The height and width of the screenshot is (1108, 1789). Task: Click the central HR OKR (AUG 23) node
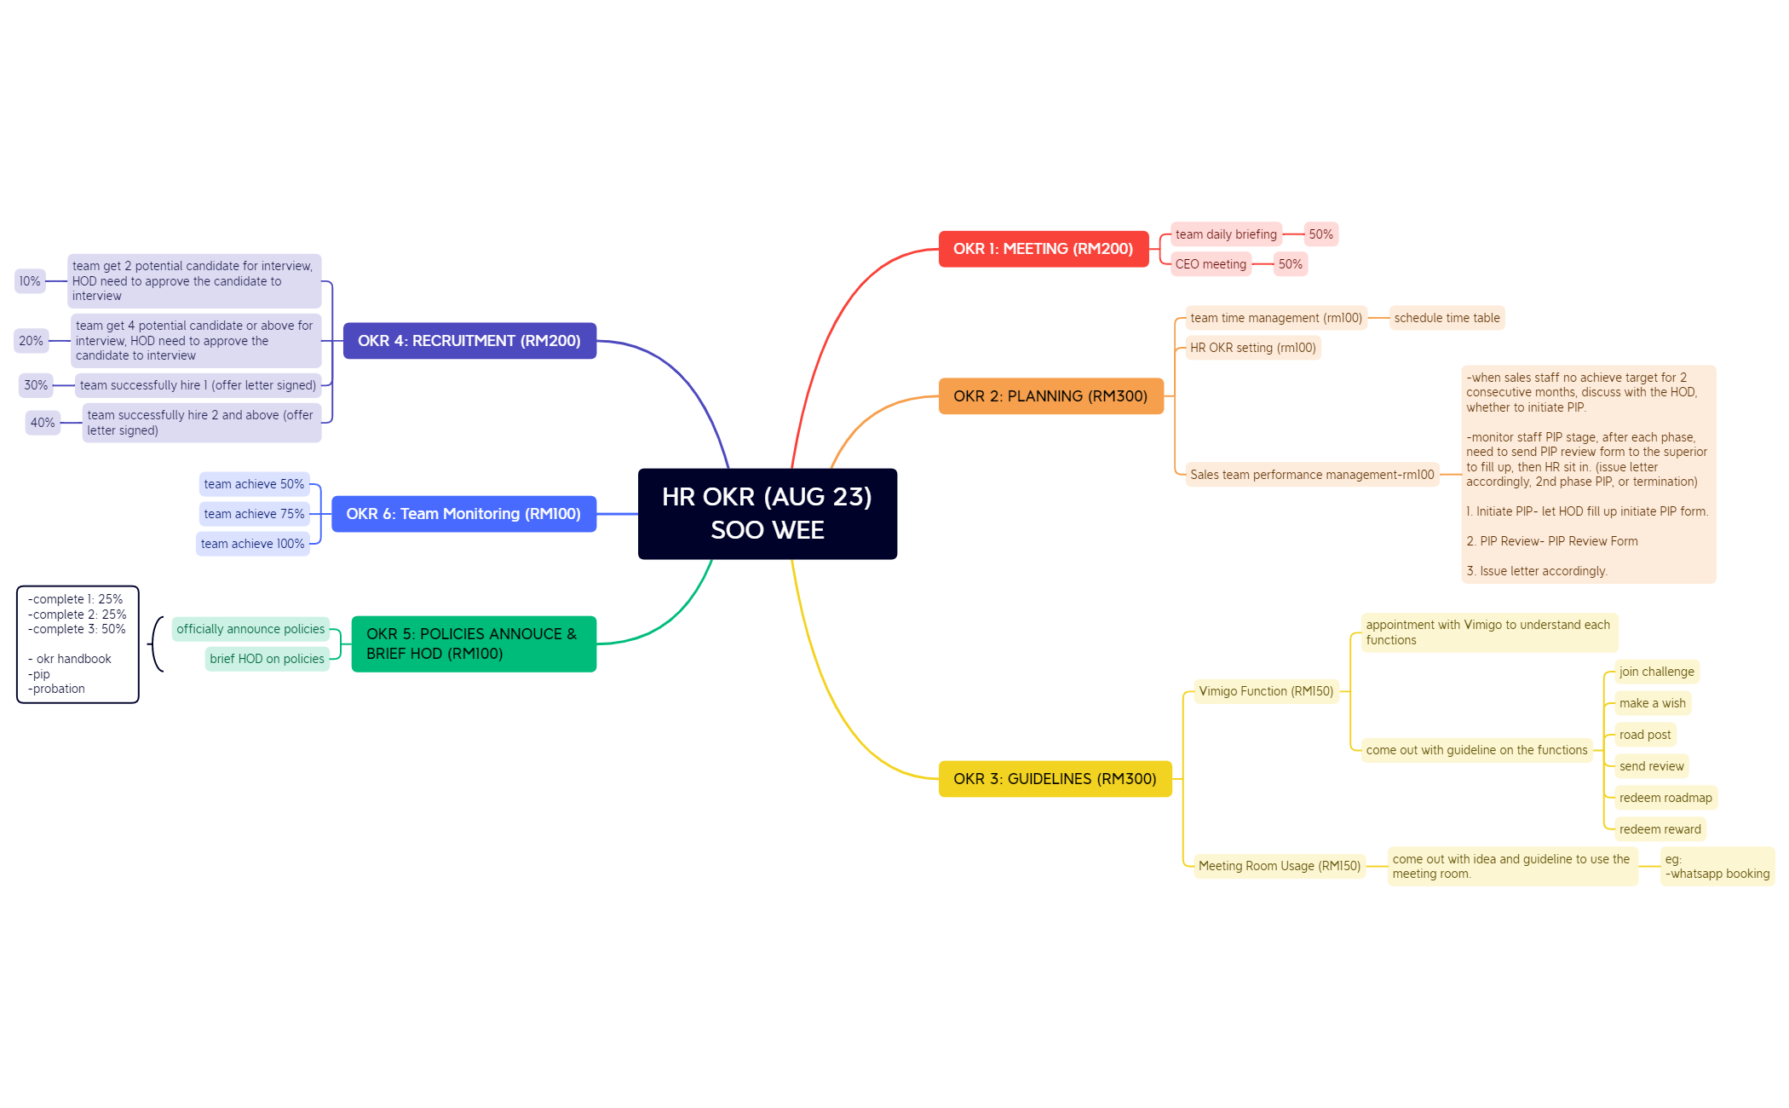[767, 513]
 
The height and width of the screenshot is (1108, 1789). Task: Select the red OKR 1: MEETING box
[1043, 249]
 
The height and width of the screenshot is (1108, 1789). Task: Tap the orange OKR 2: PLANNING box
[1050, 396]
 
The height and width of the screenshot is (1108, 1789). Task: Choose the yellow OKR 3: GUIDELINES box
[1055, 779]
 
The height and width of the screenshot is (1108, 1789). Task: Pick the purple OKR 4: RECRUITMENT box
[469, 341]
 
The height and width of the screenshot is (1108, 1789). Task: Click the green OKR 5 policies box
[474, 643]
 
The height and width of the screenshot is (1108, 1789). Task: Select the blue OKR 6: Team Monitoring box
[463, 514]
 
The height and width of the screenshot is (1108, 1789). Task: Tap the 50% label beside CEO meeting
[1290, 264]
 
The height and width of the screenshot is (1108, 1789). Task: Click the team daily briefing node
[1226, 234]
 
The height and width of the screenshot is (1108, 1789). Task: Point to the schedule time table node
[1447, 318]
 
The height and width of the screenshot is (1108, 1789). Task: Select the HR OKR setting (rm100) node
[1252, 348]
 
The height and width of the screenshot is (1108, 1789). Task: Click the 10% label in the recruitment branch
[30, 281]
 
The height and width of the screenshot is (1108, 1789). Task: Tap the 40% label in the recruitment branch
[43, 423]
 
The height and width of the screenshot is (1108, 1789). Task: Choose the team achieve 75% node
[254, 514]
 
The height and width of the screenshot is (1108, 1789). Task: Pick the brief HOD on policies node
[267, 659]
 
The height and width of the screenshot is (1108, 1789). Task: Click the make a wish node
[1652, 703]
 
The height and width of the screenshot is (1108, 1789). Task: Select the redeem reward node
[1660, 829]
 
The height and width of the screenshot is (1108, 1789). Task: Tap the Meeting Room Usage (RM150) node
[1279, 866]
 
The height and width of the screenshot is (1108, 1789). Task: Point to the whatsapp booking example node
[1717, 867]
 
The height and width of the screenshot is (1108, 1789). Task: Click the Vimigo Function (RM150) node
[1266, 691]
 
